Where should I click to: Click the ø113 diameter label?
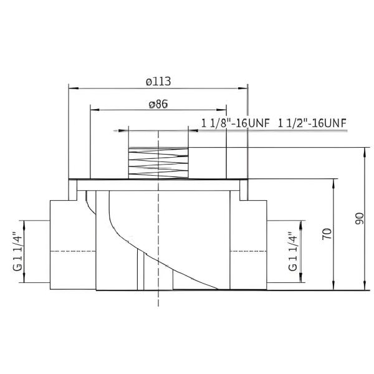pos(158,81)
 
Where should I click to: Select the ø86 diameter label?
pos(158,104)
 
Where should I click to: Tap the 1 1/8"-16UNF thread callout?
pos(235,122)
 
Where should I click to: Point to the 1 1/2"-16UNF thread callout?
pos(312,122)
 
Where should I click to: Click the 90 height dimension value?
pos(360,219)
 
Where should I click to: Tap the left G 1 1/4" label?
pos(17,251)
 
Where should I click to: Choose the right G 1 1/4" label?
pos(292,251)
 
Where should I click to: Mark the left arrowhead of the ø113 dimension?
pos(70,88)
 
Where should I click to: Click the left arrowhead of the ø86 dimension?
pos(93,111)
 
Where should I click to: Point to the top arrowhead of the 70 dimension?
pos(336,181)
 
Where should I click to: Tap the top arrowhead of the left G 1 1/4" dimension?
pos(24,223)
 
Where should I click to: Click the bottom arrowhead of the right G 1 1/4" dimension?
pos(303,279)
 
